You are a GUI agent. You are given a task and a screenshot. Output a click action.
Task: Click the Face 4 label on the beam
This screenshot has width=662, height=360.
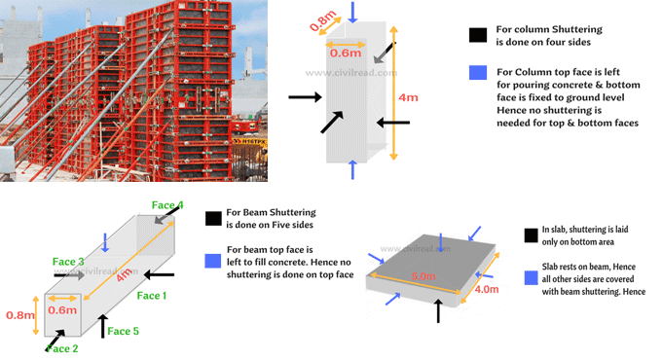pyautogui.click(x=166, y=205)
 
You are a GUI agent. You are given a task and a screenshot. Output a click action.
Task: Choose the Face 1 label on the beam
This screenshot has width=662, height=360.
pyautogui.click(x=153, y=295)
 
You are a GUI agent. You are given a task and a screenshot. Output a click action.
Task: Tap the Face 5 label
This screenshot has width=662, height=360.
pyautogui.click(x=124, y=332)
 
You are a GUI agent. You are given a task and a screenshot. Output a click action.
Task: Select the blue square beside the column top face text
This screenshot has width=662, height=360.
pyautogui.click(x=477, y=73)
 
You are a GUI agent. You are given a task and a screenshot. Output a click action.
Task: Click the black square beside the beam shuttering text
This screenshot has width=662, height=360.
pyautogui.click(x=212, y=217)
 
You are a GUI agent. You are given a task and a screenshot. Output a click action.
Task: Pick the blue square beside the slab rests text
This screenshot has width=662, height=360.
pyautogui.click(x=531, y=278)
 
